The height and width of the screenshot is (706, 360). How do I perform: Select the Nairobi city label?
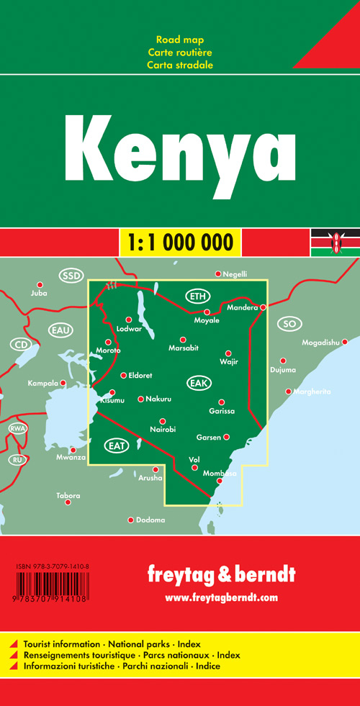pos(163,430)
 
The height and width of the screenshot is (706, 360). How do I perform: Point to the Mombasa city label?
pos(220,473)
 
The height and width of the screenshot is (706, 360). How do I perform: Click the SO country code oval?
pos(289,324)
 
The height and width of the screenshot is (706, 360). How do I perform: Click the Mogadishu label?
pos(321,343)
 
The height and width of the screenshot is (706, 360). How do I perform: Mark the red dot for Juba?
pos(40,285)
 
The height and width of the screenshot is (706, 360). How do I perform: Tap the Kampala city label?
pos(42,384)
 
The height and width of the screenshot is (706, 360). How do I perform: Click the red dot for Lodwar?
pos(129,320)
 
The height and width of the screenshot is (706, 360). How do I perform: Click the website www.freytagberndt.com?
pos(221,598)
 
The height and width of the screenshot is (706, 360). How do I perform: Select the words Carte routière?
pos(180,52)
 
